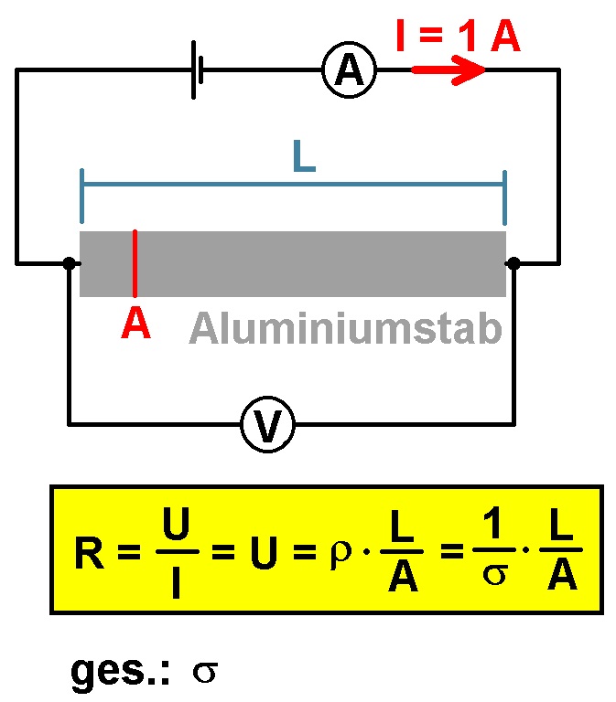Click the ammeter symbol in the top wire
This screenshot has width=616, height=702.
tap(350, 70)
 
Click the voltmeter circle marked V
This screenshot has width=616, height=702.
tap(267, 424)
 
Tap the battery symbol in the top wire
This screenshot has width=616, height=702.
tap(198, 69)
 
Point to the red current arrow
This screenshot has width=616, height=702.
tap(448, 69)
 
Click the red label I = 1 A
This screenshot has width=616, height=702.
tap(459, 36)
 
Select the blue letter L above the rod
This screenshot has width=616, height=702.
tap(304, 156)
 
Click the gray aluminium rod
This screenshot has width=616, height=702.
tap(293, 263)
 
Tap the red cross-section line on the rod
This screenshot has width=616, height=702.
tap(135, 263)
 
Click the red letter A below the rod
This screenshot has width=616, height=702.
tap(135, 323)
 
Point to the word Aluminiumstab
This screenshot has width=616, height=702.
tap(345, 328)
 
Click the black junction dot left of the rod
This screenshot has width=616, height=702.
tap(69, 263)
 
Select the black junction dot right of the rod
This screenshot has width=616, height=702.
tap(513, 263)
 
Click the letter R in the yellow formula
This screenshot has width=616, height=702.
tap(89, 552)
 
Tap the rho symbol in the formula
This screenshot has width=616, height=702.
tap(340, 555)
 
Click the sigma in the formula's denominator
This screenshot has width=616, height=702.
tap(495, 574)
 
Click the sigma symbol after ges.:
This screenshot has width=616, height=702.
tap(205, 672)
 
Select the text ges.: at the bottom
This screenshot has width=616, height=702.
tap(120, 673)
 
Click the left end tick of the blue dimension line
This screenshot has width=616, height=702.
tap(81, 197)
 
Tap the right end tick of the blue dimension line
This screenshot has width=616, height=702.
tap(505, 197)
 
